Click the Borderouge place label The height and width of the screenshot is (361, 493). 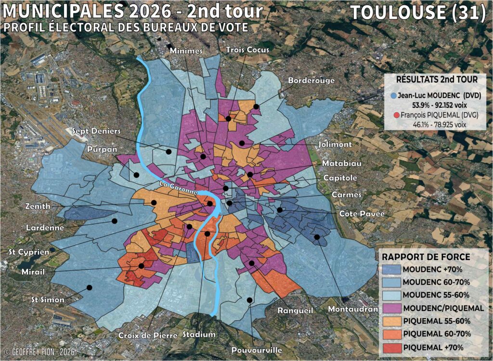click(x=311, y=80)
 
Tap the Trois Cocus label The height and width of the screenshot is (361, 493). click(x=247, y=50)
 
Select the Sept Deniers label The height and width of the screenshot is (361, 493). click(x=96, y=131)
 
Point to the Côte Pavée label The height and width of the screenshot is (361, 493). click(x=362, y=213)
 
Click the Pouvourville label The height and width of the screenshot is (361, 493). click(x=257, y=350)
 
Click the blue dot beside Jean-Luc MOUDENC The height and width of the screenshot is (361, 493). click(x=394, y=95)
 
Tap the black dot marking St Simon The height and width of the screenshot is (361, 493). click(x=89, y=288)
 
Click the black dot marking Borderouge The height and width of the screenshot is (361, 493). click(x=257, y=107)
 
